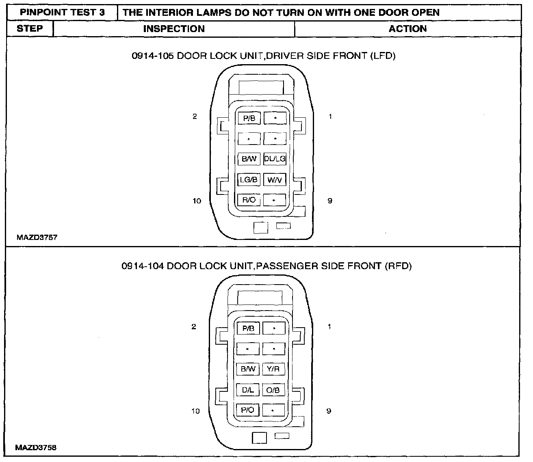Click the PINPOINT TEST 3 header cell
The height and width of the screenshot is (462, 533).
pos(62,13)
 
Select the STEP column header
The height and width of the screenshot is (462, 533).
pos(30,29)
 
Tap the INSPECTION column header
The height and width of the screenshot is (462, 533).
pos(174,29)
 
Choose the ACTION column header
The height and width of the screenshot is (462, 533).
pos(407,29)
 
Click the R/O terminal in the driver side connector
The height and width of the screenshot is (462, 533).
pos(249,200)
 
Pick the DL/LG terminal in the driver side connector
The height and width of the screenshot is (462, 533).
pos(275,159)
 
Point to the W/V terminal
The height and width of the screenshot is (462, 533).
pos(275,179)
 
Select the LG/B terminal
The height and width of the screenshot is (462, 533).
pos(249,179)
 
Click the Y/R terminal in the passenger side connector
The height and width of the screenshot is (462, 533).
pos(273,369)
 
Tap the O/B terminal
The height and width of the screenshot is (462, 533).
pos(273,390)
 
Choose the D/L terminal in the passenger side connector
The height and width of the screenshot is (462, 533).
pos(248,390)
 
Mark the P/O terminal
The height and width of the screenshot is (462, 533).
pos(247,410)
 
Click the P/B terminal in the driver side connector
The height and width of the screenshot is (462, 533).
pos(249,118)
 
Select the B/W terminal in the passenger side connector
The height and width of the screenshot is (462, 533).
pos(248,369)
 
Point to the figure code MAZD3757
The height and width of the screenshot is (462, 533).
pos(37,237)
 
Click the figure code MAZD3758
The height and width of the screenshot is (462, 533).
pos(36,448)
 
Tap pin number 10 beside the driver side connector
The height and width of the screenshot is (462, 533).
pos(197,201)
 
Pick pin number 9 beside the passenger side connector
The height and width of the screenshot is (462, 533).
pos(329,411)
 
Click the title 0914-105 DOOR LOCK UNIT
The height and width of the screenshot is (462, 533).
pos(263,56)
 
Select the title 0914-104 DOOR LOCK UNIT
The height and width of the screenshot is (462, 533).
pos(266,266)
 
